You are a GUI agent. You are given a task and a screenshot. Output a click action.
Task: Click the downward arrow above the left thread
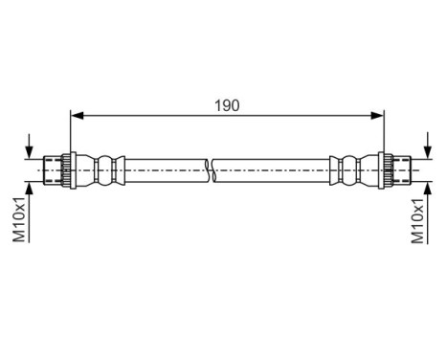[x=33, y=149]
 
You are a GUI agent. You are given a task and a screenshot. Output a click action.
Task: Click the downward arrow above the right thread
[x=421, y=149]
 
